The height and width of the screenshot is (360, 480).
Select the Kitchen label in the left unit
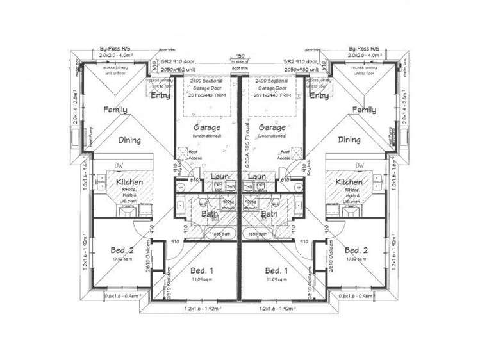pyautogui.click(x=129, y=183)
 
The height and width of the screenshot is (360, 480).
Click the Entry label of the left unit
pyautogui.click(x=160, y=96)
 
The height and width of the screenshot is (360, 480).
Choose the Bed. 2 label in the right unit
pyautogui.click(x=355, y=250)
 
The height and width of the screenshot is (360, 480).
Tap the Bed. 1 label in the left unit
pyautogui.click(x=203, y=270)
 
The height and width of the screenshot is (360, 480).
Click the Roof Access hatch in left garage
pyautogui.click(x=192, y=154)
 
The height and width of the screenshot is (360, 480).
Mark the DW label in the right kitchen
pyautogui.click(x=360, y=166)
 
